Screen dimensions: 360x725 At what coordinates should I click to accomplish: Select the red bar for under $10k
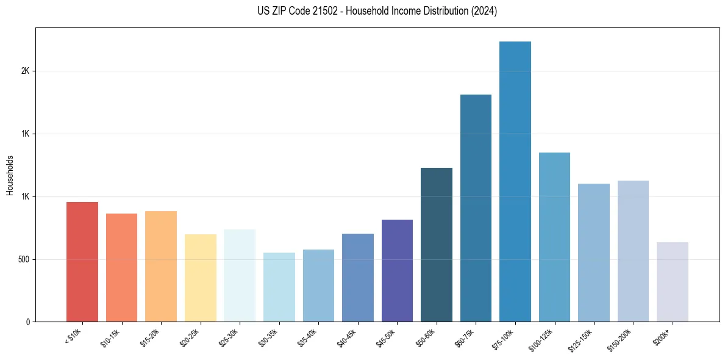pos(82,262)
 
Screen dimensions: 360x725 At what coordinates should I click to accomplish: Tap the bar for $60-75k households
pos(476,208)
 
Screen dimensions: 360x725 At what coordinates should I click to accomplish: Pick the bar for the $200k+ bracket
pos(673,282)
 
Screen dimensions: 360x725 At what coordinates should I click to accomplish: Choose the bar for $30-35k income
pos(279,287)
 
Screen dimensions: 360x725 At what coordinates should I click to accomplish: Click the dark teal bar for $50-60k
pos(437,245)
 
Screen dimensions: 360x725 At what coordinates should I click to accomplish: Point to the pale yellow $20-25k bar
pos(201,278)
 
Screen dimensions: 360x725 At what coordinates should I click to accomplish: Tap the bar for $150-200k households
pos(633,251)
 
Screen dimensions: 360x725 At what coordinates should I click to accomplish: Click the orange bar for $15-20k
pos(161,266)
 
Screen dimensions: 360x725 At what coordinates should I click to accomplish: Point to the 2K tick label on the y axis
pos(25,71)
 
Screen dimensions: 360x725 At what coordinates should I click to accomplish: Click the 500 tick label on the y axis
pos(23,259)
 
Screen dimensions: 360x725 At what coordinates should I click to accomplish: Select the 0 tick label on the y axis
pos(27,322)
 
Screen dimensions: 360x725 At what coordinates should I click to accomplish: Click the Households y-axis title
pos(10,175)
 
